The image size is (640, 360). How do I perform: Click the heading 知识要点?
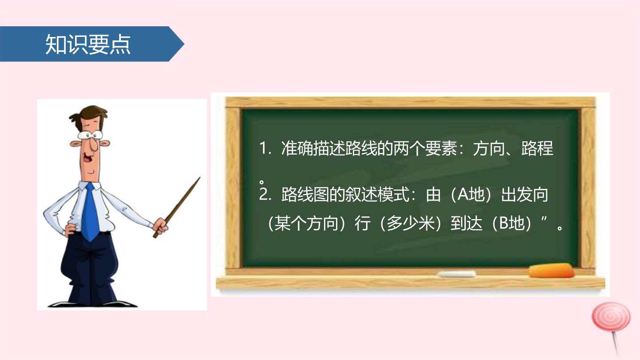click(88, 44)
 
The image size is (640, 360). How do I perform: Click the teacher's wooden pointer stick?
click(177, 207)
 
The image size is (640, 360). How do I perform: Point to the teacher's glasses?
click(90, 135)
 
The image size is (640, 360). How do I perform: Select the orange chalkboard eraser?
click(551, 271)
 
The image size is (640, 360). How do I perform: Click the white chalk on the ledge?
click(456, 274)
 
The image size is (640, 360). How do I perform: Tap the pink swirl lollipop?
click(612, 328)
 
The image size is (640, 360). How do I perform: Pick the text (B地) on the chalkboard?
click(512, 223)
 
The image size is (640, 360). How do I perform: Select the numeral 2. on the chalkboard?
click(265, 195)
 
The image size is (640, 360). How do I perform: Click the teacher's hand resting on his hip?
click(71, 229)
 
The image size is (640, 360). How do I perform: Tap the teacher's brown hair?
click(88, 114)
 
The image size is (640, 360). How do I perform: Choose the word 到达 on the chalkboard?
click(466, 223)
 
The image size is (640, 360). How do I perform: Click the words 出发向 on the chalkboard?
click(525, 195)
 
